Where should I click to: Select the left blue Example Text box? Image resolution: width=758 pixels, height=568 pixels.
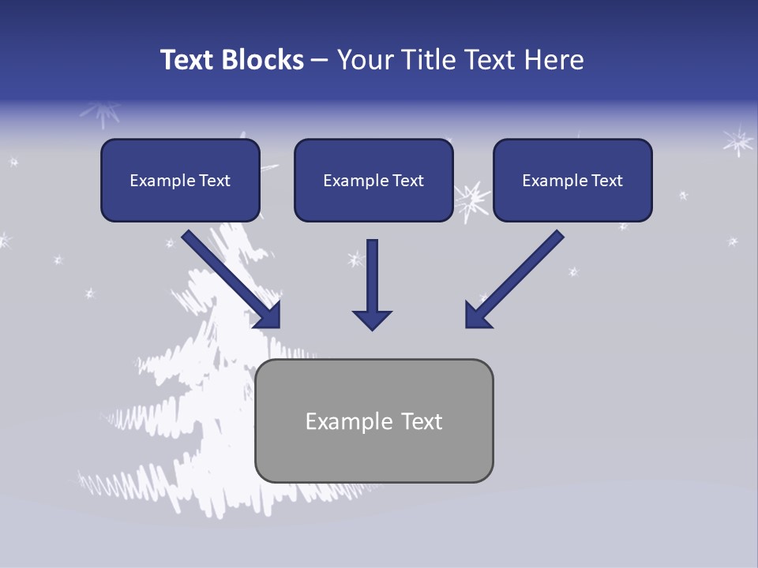(180, 181)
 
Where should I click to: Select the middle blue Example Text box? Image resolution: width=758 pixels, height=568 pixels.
(373, 181)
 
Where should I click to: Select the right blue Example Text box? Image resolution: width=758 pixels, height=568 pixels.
(572, 181)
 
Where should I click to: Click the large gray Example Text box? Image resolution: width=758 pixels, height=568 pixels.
(373, 421)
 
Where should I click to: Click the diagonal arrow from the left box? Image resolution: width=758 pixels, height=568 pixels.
(229, 276)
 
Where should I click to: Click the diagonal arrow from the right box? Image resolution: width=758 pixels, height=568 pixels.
(517, 276)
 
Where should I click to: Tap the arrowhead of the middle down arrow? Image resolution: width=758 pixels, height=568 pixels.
(372, 319)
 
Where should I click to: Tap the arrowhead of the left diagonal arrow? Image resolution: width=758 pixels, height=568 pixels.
(268, 316)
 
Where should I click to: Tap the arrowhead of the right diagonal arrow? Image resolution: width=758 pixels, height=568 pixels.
(477, 316)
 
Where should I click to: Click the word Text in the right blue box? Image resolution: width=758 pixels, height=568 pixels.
(606, 181)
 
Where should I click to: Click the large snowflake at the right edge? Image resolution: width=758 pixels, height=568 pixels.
(738, 141)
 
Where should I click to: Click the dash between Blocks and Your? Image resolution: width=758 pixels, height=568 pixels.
(320, 61)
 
